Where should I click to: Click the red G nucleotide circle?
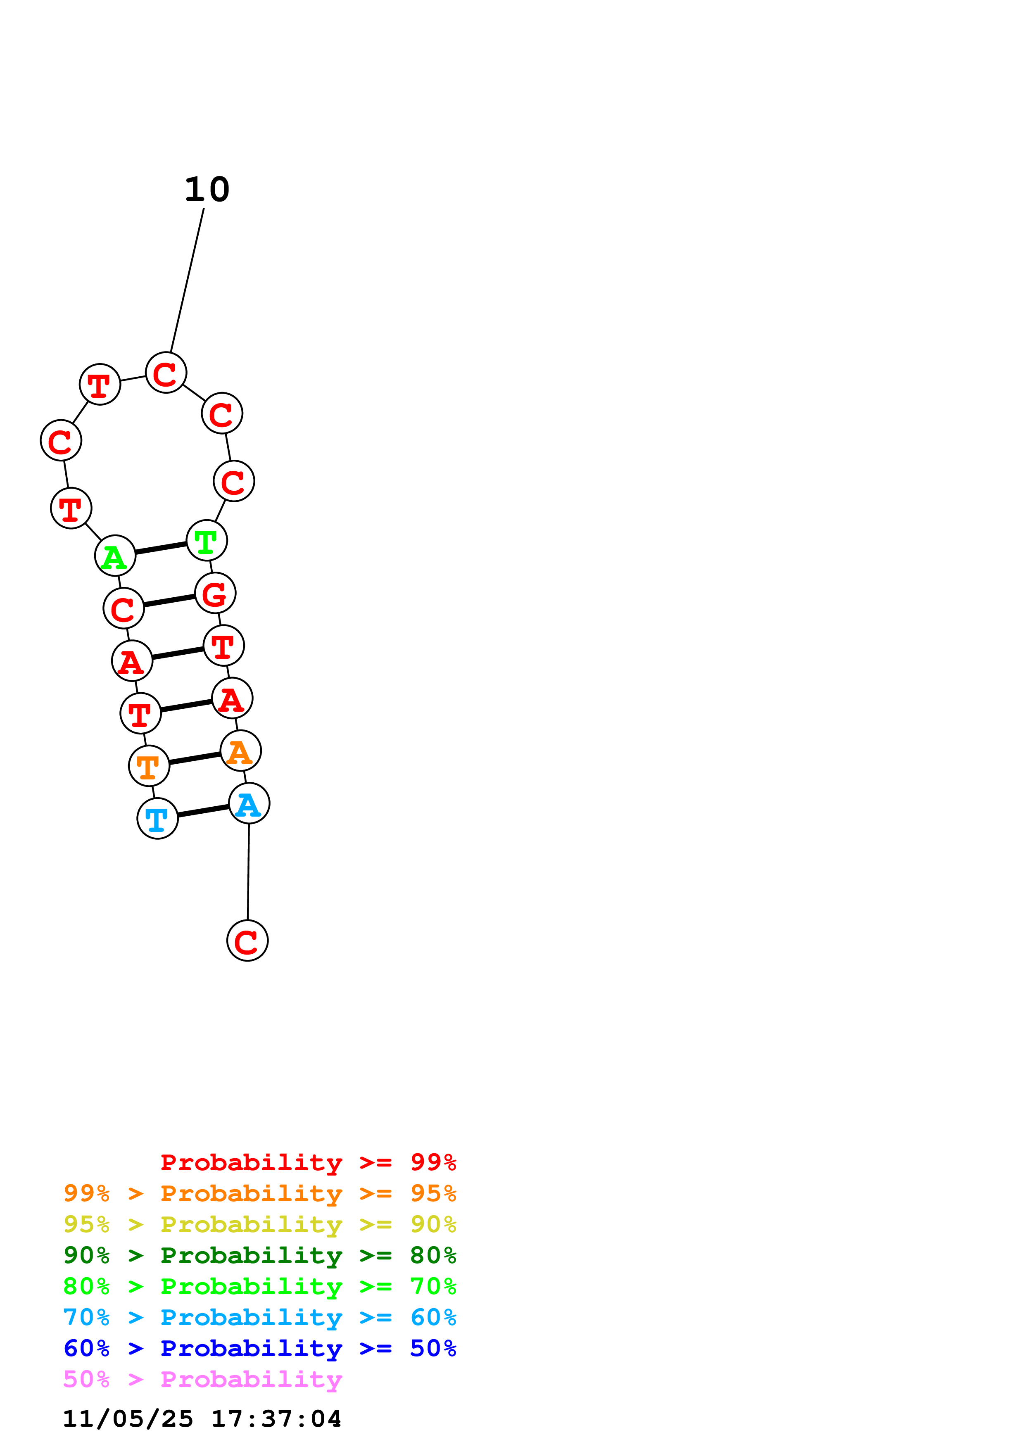(215, 593)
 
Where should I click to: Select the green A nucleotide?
(115, 556)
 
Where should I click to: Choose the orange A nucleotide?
(240, 751)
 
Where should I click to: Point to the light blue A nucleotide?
(249, 803)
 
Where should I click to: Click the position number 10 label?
(207, 189)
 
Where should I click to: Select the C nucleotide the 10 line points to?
(166, 373)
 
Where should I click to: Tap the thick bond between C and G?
(169, 601)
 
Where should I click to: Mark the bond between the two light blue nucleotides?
(203, 811)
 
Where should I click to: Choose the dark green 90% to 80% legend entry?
(259, 1255)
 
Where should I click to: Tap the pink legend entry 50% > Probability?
(202, 1380)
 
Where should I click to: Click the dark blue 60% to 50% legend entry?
(259, 1349)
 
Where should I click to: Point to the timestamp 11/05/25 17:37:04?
(202, 1419)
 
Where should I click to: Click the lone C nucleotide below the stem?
(247, 941)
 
